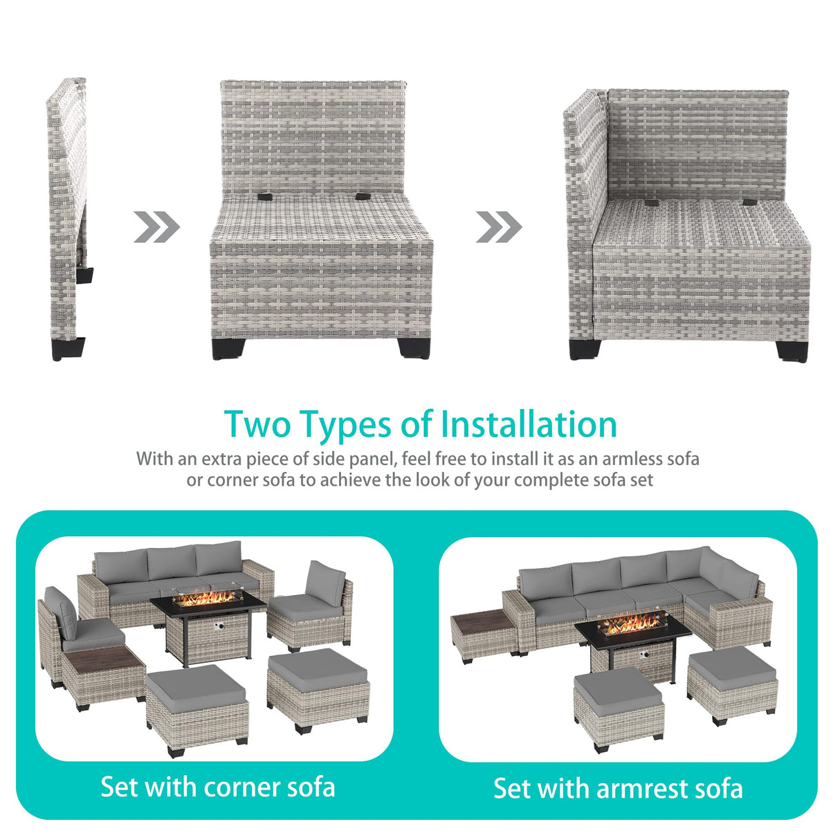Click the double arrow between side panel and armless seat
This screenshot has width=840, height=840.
[156, 227]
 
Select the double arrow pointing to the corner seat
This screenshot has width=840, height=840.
[499, 227]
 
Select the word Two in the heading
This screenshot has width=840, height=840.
[257, 424]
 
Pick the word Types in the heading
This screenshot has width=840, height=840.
[347, 424]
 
